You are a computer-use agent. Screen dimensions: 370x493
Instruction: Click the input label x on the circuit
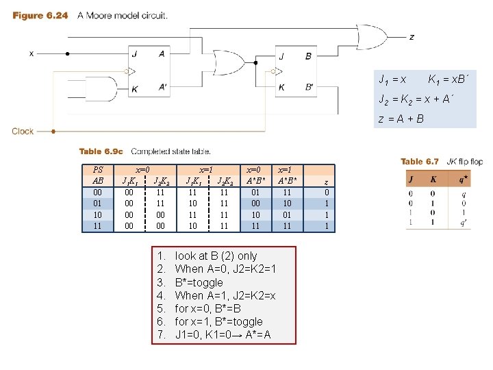coord(31,53)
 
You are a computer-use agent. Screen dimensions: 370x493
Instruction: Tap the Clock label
coord(23,131)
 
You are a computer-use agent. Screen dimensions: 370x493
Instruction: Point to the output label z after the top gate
coord(411,37)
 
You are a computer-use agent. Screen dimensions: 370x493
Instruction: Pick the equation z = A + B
coord(401,119)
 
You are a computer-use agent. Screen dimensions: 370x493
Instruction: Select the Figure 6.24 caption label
coord(40,16)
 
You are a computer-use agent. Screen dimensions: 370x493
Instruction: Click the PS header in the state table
coord(97,169)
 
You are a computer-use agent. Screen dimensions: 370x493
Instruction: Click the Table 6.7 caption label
coord(419,162)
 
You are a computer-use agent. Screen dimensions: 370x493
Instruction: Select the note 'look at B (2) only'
coord(216,256)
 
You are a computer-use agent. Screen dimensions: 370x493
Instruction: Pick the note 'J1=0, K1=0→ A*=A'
coord(223,335)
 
